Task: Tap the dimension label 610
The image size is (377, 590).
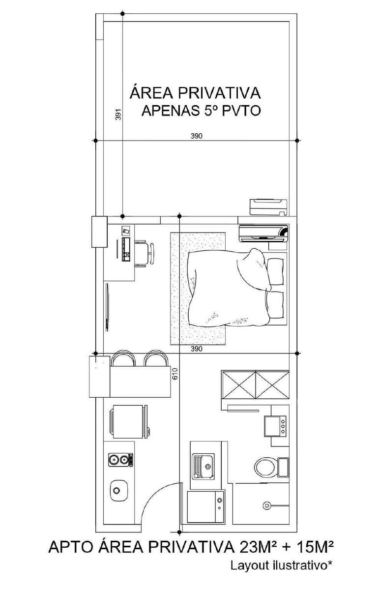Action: point(175,374)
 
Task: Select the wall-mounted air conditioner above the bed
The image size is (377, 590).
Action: point(263,233)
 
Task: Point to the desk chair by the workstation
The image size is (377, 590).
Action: point(145,254)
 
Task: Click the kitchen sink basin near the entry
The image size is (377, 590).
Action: point(119,491)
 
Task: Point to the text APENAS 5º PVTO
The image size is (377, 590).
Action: point(201,111)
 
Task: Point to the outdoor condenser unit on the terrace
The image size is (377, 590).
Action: point(268,207)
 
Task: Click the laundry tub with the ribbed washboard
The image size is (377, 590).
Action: point(203,466)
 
